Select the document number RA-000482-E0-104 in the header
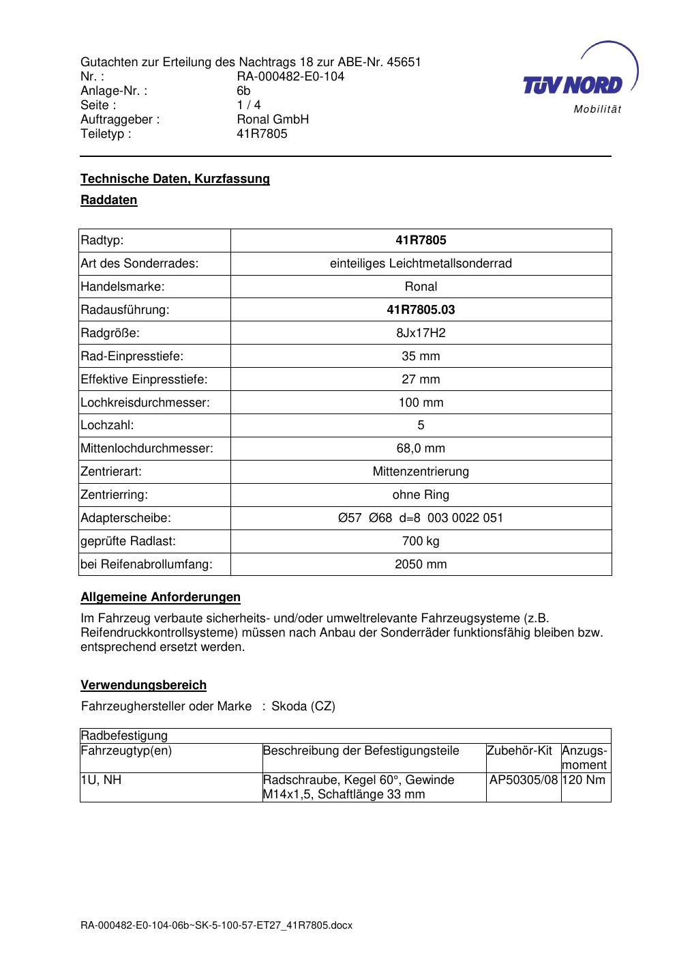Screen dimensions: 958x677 290,76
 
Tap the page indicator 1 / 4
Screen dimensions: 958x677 249,105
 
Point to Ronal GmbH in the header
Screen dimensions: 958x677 273,119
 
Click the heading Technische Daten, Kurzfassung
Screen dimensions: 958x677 175,179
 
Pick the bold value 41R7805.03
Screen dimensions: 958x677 421,310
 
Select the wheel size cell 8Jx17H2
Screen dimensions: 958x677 421,333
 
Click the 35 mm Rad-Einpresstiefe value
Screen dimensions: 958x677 421,356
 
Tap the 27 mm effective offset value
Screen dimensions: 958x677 421,379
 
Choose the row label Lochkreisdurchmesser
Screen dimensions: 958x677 145,403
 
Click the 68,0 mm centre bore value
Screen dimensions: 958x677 421,448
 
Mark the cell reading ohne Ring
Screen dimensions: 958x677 421,495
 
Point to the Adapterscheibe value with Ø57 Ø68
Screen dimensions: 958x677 421,518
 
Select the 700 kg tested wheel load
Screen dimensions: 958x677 421,541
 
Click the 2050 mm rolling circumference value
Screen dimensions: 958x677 421,564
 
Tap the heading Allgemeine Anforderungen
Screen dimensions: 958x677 161,597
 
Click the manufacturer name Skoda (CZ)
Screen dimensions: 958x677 303,706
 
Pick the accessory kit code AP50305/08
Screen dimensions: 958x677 524,780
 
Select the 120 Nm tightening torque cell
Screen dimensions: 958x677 584,780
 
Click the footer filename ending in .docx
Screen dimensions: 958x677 216,926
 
